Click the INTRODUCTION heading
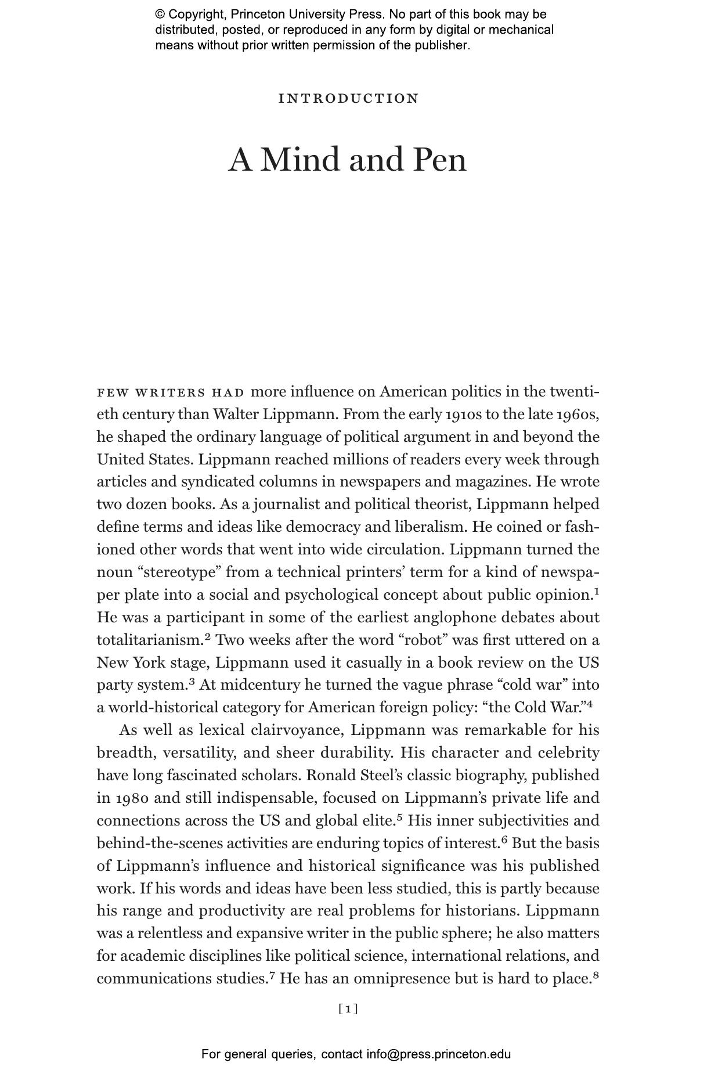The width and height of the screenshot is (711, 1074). (348, 99)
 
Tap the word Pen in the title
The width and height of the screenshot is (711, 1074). (439, 160)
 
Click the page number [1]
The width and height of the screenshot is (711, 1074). (348, 1009)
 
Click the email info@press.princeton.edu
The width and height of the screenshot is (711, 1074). (438, 1054)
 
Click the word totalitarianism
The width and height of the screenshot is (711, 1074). (149, 640)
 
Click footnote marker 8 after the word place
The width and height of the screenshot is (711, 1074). (595, 975)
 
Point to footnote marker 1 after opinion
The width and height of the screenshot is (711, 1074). (596, 592)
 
